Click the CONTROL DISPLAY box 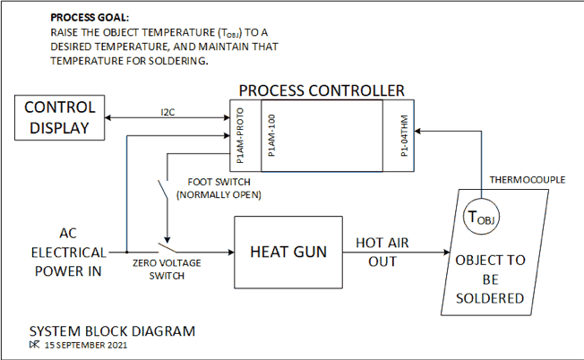point(60,117)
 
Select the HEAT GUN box point(288,252)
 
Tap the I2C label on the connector point(167,113)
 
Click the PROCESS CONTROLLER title point(322,90)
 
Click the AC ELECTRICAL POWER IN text point(67,252)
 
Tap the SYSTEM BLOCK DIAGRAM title point(112,330)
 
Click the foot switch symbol point(163,191)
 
